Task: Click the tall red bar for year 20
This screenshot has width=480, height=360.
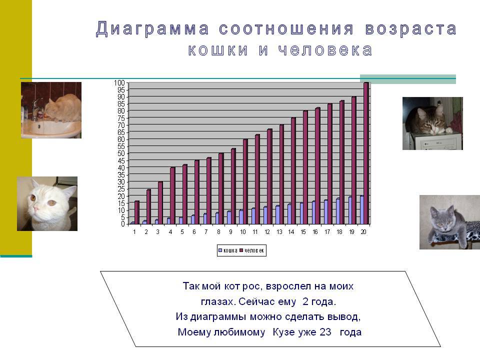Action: click(366, 153)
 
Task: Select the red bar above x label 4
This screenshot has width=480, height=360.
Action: click(172, 195)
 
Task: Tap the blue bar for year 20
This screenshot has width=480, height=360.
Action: click(362, 210)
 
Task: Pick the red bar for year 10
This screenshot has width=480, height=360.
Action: click(245, 181)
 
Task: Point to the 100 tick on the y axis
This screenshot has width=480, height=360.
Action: click(119, 83)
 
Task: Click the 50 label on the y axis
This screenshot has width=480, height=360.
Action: click(121, 153)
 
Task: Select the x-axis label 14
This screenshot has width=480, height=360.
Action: click(291, 232)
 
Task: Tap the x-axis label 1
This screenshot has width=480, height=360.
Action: click(134, 232)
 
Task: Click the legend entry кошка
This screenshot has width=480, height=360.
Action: click(228, 250)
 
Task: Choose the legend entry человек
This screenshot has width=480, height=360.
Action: click(251, 250)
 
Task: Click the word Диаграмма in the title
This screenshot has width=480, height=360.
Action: click(152, 29)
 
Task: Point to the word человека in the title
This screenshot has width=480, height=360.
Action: click(325, 50)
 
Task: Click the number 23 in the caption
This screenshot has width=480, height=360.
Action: click(325, 332)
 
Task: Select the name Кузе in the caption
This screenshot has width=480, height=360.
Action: click(283, 332)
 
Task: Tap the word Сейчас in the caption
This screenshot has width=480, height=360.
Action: click(267, 301)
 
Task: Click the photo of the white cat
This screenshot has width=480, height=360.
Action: click(47, 203)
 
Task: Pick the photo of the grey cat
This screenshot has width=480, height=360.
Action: click(449, 222)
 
